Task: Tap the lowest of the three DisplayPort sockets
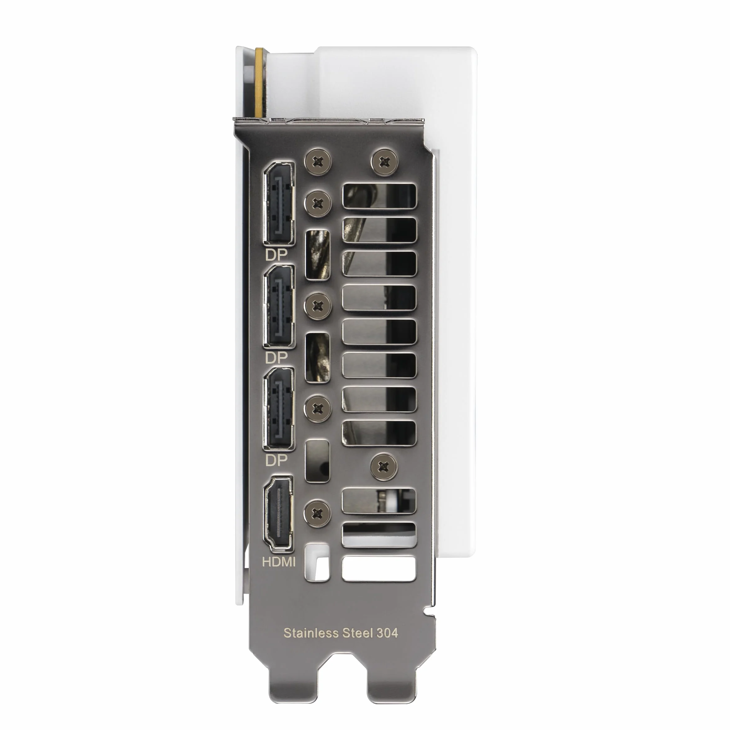[x=279, y=409]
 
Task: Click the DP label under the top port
[x=276, y=255]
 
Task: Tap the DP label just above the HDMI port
[x=276, y=460]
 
